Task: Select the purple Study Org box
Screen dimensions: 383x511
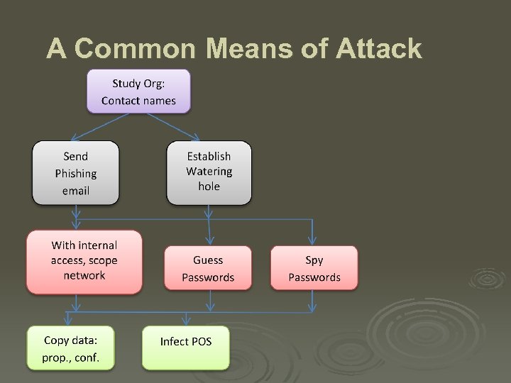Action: point(138,91)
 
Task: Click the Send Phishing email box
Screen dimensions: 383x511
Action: point(75,174)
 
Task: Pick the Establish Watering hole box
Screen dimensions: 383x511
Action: point(209,172)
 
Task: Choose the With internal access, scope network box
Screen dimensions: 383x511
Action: point(84,261)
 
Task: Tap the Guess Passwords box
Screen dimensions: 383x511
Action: point(208,268)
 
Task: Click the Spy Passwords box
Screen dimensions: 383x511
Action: point(314,268)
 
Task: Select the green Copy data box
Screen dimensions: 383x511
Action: point(70,348)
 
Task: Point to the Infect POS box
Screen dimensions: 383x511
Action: point(185,348)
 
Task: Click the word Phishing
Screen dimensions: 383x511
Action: point(75,174)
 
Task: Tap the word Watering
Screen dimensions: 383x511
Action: point(209,172)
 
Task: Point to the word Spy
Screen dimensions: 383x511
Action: point(314,260)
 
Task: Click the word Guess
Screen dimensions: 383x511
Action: point(208,260)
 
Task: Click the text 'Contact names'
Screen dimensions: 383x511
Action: point(138,100)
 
